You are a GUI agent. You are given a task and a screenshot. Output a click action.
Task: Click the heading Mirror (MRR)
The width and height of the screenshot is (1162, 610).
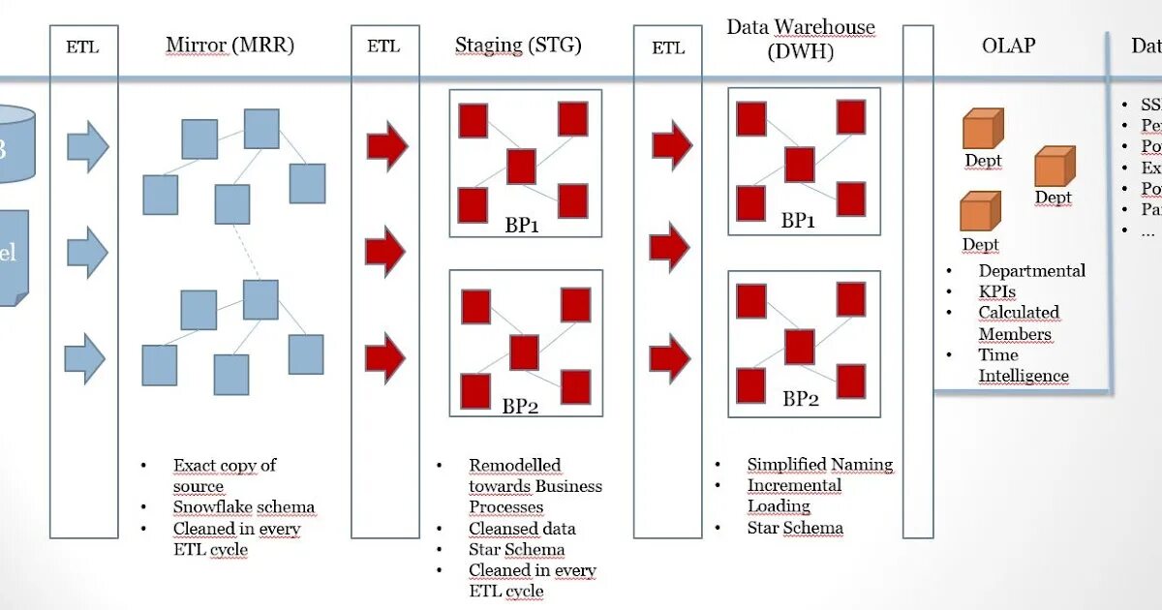[229, 46]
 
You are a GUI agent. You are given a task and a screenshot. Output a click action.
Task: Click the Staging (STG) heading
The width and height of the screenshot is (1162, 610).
[518, 46]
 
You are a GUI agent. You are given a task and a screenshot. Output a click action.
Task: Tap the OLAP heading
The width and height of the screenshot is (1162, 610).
[1008, 46]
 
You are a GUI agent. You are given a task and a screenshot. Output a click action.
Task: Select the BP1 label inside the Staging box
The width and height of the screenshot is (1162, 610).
[521, 225]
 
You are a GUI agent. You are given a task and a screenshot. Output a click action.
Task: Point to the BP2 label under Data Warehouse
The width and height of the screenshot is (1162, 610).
[801, 398]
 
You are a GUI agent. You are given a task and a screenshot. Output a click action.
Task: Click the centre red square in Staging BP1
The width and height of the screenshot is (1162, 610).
[521, 167]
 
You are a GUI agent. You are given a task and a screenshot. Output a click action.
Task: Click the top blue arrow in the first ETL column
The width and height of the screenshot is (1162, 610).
[87, 147]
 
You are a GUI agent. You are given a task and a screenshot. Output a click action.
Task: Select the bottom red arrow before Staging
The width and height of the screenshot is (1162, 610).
[385, 357]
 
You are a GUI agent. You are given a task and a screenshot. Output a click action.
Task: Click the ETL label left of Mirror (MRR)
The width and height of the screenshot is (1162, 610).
[82, 46]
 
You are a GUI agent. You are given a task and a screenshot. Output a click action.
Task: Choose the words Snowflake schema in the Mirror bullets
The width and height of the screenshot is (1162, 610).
[244, 507]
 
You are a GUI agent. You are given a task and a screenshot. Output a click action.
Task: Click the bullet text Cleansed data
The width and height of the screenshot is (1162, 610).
[522, 529]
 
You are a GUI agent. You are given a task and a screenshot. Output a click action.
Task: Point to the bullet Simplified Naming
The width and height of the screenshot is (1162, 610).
[819, 465]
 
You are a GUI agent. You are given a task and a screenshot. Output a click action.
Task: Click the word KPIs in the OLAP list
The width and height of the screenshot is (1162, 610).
[996, 291]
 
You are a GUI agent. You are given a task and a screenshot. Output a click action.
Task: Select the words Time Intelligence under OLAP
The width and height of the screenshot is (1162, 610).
[1023, 366]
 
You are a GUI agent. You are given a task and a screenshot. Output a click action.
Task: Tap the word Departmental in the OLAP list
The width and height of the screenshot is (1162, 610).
[1031, 271]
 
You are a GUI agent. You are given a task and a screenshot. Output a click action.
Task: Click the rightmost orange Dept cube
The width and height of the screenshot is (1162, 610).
[1055, 167]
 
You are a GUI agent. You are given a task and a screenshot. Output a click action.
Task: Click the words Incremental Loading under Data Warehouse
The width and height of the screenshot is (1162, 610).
[793, 496]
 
